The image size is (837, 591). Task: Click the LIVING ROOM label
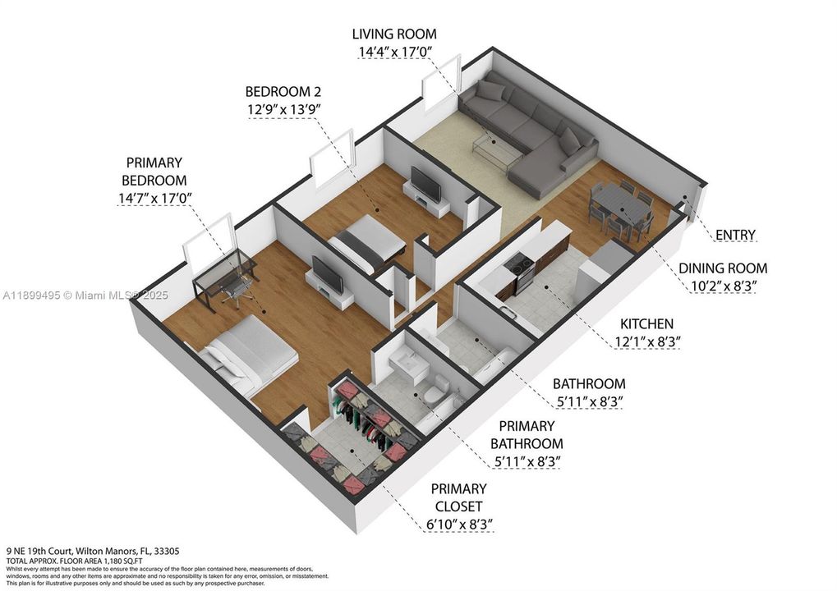click(394, 34)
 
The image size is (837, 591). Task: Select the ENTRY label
click(734, 236)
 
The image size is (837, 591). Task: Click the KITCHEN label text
click(647, 324)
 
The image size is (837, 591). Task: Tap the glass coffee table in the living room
click(498, 148)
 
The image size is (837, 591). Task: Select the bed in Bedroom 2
click(368, 244)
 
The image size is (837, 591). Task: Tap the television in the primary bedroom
click(328, 274)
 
